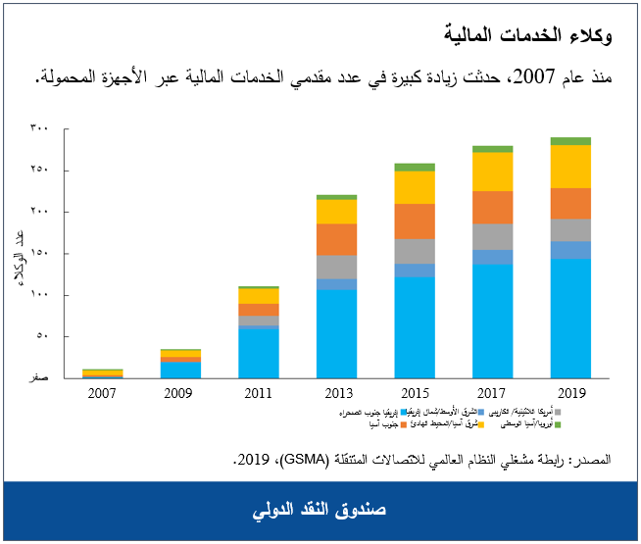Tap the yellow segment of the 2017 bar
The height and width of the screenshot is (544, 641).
492,172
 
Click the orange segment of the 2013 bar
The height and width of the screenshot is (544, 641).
336,239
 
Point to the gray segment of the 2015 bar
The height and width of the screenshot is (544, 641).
415,251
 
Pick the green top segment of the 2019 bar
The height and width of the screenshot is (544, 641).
569,141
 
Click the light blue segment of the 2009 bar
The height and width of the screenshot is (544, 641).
180,370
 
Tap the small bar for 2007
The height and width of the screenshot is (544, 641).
103,373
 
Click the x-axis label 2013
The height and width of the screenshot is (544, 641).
336,392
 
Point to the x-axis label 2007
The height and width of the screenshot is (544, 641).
103,392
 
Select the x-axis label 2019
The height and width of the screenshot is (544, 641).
569,392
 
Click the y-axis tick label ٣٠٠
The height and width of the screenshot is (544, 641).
38,128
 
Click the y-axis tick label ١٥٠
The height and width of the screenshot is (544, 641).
38,254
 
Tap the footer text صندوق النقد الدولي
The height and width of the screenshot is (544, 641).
320,512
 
